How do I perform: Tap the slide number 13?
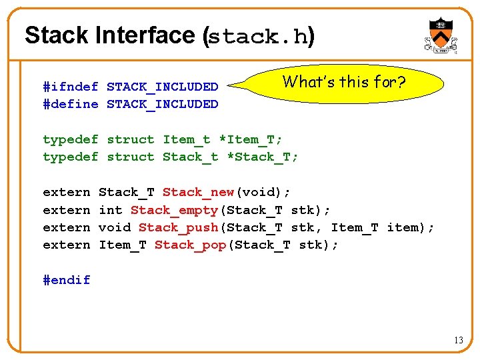pyautogui.click(x=459, y=341)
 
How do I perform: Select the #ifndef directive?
pyautogui.click(x=70, y=87)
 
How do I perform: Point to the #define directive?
pyautogui.click(x=70, y=104)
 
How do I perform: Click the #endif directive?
pyautogui.click(x=66, y=280)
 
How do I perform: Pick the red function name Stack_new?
pyautogui.click(x=198, y=193)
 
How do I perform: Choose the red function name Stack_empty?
pyautogui.click(x=174, y=210)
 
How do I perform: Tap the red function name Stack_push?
pyautogui.click(x=178, y=227)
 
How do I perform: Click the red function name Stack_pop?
pyautogui.click(x=190, y=245)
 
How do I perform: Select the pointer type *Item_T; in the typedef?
pyautogui.click(x=251, y=139)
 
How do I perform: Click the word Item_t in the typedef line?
pyautogui.click(x=186, y=139)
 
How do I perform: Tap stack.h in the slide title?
pyautogui.click(x=258, y=36)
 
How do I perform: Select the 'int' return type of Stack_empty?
pyautogui.click(x=110, y=210)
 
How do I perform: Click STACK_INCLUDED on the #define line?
pyautogui.click(x=162, y=104)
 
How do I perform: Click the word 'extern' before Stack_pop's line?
pyautogui.click(x=66, y=245)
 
